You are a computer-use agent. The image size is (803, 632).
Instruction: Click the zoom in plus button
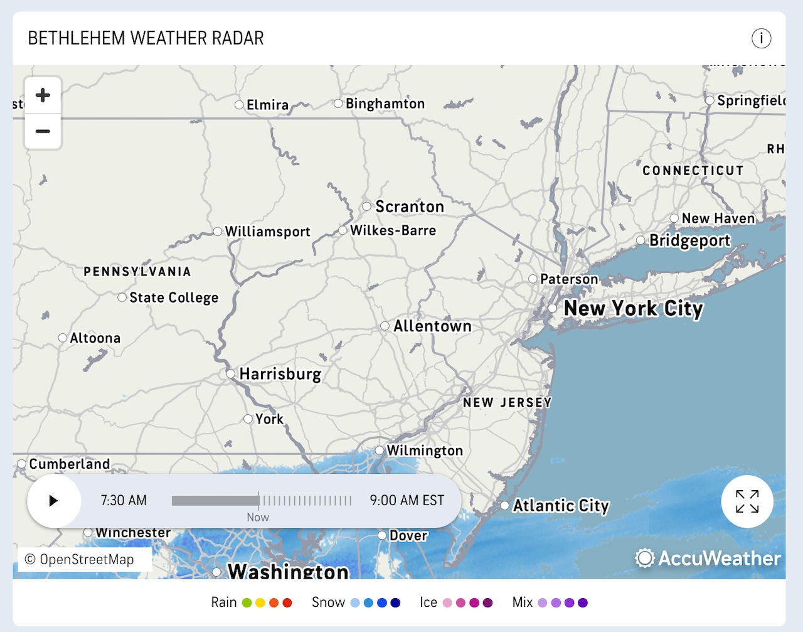point(43,95)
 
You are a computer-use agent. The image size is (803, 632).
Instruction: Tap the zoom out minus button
point(43,131)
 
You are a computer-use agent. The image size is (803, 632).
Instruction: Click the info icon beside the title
point(761,38)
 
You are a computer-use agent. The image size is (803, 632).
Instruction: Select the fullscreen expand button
point(747,501)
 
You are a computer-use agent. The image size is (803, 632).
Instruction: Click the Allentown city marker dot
point(385,326)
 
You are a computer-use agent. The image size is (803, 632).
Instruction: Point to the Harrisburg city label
point(280,374)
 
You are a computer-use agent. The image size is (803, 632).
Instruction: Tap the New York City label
point(633,308)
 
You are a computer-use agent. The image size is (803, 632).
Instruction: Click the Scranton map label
point(409,206)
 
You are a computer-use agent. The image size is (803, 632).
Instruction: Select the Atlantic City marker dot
point(504,505)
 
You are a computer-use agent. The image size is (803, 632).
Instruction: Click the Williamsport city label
point(267,232)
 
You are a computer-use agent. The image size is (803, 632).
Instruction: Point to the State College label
point(174,297)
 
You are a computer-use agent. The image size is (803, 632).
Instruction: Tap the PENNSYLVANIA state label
point(137,272)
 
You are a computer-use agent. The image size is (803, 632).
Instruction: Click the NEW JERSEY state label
point(507,402)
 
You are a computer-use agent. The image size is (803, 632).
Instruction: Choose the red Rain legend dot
point(287,603)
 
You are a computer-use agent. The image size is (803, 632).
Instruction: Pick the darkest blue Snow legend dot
point(395,603)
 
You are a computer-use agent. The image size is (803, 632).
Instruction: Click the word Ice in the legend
point(428,603)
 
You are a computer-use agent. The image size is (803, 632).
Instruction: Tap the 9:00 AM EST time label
point(407,500)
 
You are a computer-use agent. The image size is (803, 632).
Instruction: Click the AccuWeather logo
point(708,558)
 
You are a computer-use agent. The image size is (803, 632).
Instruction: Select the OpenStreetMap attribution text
point(80,559)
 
